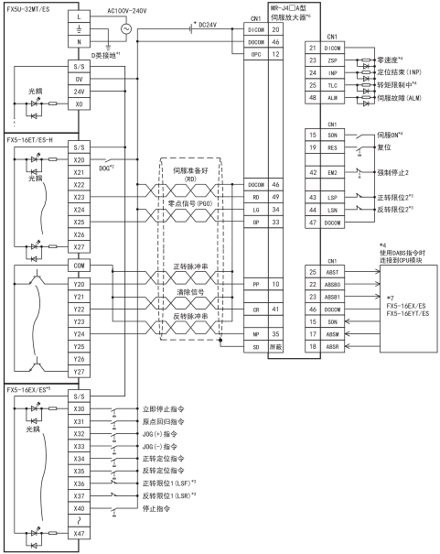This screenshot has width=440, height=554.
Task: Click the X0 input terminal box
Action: (79, 103)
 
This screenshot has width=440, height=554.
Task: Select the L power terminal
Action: (79, 16)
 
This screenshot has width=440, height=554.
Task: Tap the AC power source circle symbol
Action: (126, 28)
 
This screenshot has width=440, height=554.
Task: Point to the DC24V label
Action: (208, 25)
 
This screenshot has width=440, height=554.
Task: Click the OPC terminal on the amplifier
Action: (256, 54)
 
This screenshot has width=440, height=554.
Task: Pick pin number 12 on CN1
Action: (275, 54)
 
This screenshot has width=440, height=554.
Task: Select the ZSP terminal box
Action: (332, 60)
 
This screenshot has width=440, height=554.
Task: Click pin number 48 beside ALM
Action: (313, 98)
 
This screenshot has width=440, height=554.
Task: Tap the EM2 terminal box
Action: (332, 172)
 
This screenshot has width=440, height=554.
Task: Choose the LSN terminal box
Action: (332, 210)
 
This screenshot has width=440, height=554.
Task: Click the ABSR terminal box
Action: (332, 347)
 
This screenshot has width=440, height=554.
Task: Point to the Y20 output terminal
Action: (79, 284)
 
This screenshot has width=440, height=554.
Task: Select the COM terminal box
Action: (79, 266)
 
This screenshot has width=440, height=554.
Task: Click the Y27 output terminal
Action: (79, 372)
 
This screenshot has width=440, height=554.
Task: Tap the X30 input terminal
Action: (79, 408)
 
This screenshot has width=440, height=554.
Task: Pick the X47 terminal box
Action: (79, 534)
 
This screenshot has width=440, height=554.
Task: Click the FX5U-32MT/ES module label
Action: (28, 9)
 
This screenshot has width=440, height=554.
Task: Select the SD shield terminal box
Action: (256, 347)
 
